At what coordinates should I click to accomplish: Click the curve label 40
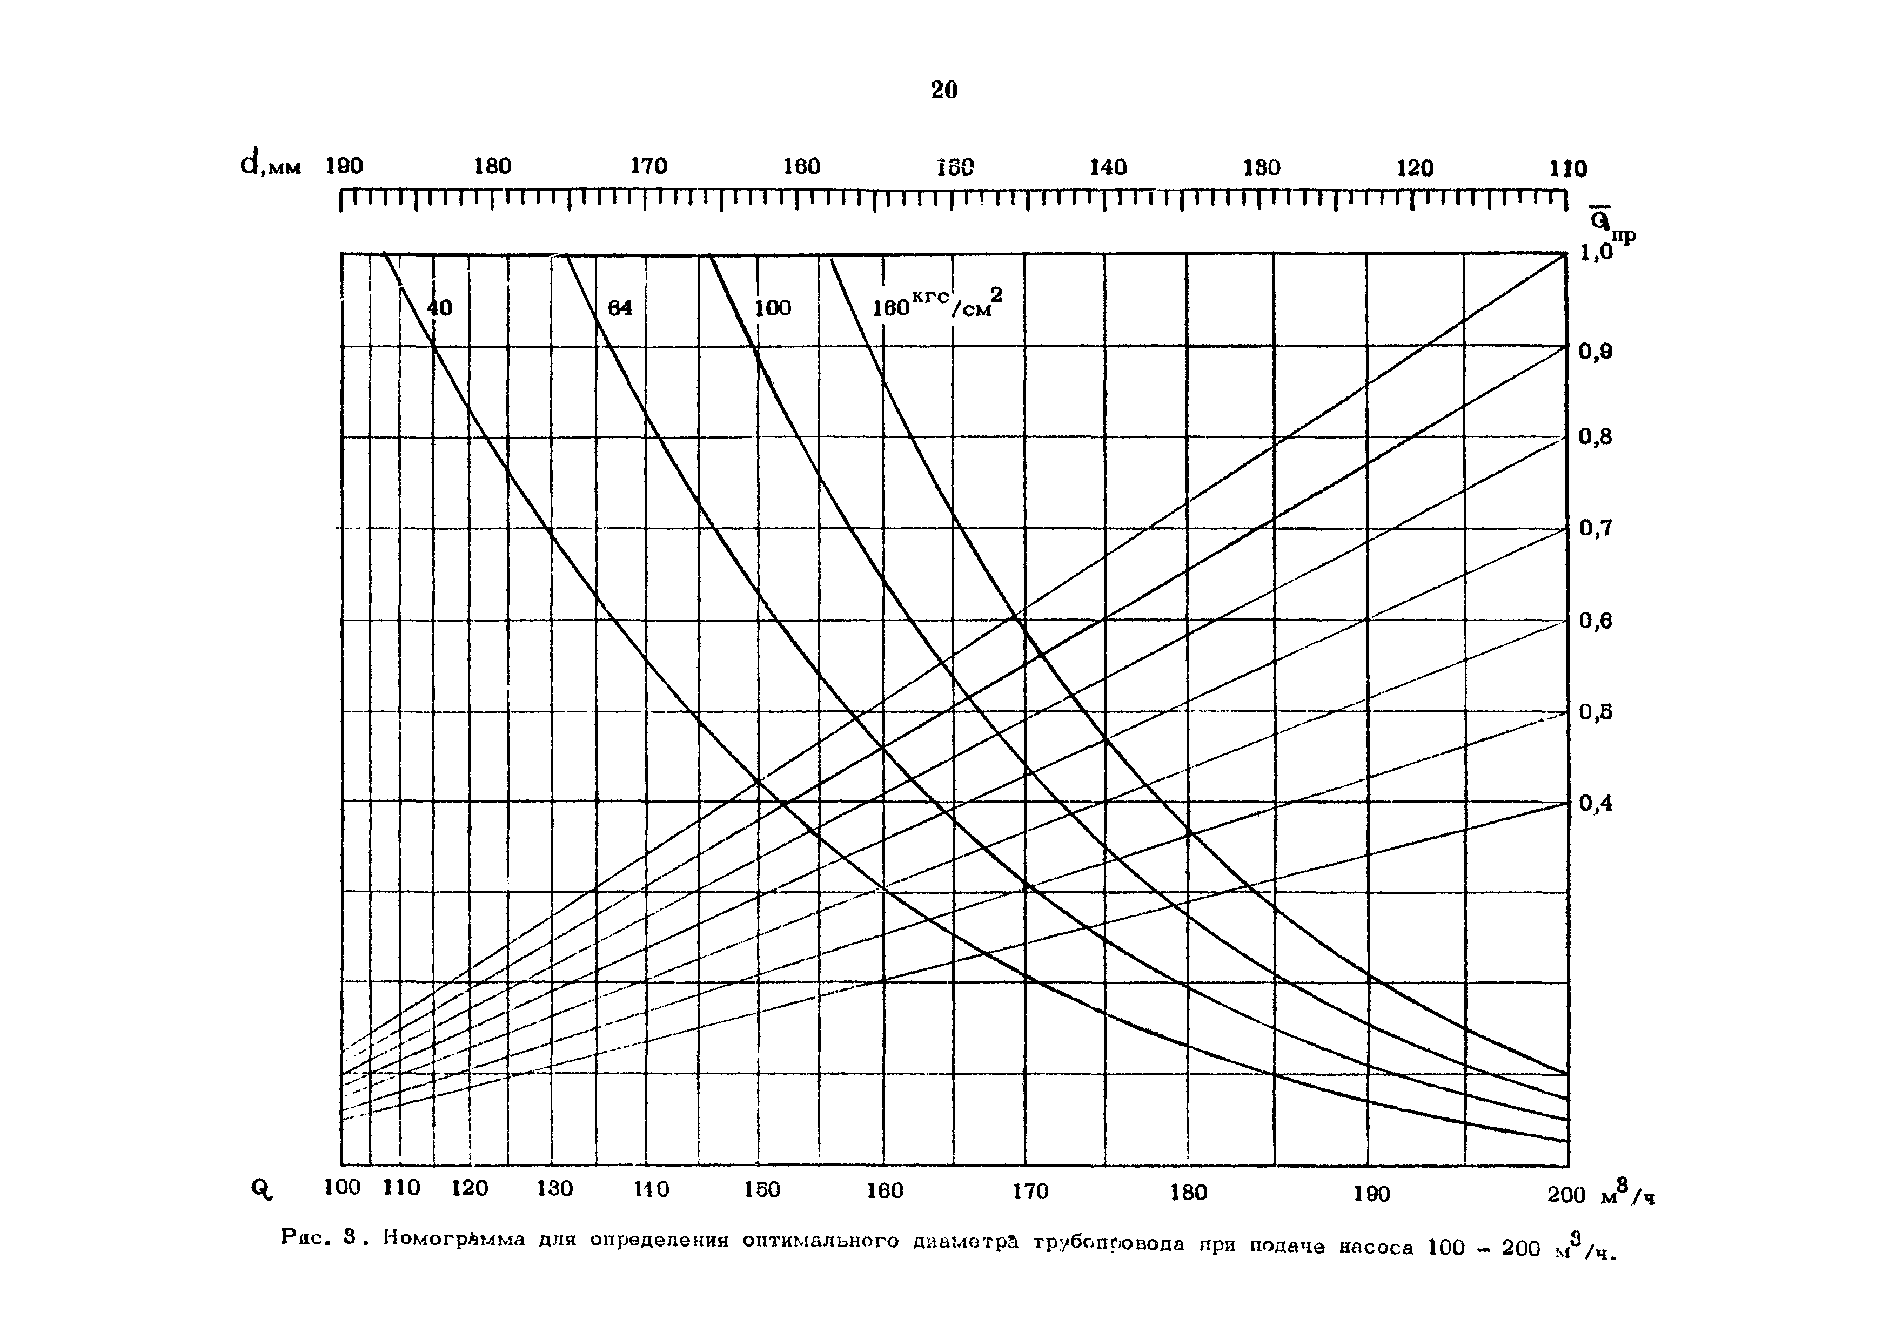pos(439,308)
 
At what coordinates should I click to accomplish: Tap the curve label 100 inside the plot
pos(772,308)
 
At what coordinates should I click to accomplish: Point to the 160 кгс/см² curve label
pos(936,306)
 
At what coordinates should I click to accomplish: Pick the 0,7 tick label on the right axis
pos(1596,528)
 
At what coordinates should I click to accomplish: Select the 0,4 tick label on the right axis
pos(1596,803)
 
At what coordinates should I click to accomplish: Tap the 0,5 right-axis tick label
pos(1596,712)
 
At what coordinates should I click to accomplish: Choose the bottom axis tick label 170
pos(1030,1191)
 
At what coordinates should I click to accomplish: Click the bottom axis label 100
pos(342,1187)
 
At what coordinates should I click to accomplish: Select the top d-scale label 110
pos(1567,169)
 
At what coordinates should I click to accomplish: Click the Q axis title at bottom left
pos(261,1189)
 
